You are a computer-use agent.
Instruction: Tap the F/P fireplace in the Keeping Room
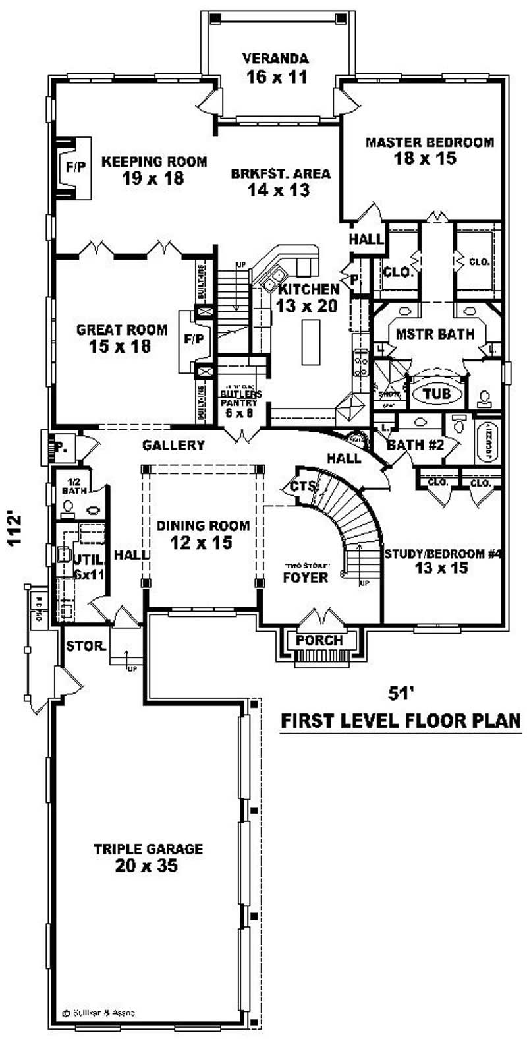click(75, 167)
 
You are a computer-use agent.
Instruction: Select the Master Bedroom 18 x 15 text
click(430, 150)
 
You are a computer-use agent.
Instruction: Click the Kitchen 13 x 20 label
click(308, 297)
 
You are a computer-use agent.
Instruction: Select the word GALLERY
click(173, 446)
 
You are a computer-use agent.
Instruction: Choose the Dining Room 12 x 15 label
click(203, 534)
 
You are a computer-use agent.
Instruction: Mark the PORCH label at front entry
click(319, 640)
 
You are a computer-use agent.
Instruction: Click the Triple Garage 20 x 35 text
click(148, 857)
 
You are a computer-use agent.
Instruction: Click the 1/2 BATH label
click(70, 486)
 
